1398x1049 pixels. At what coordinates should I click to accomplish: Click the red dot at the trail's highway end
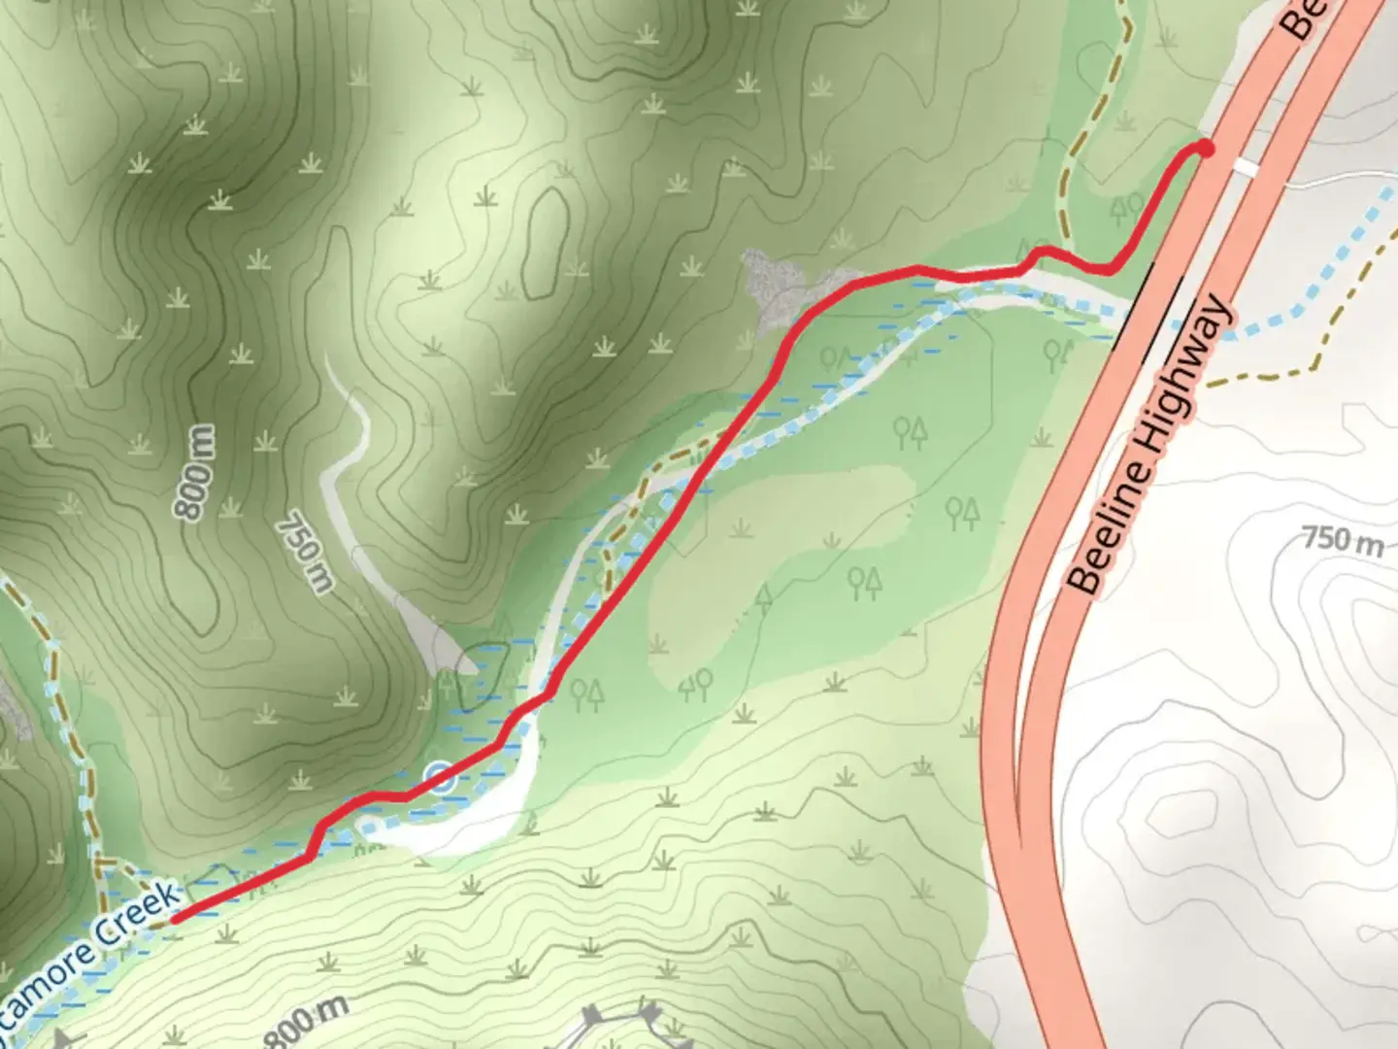click(x=1205, y=148)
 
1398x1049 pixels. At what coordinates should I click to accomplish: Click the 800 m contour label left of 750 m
click(x=194, y=472)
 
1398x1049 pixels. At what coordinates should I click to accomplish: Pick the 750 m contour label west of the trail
click(x=305, y=554)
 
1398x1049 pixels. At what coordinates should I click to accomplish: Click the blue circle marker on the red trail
click(x=441, y=777)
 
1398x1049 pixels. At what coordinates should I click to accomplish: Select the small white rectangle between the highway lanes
click(x=1244, y=168)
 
